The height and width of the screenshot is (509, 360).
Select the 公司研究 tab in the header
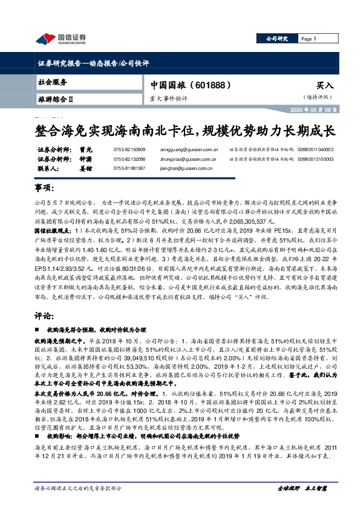(x=277, y=39)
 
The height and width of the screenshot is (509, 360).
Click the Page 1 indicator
(x=309, y=39)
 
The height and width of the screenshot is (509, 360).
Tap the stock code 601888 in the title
(x=214, y=85)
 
